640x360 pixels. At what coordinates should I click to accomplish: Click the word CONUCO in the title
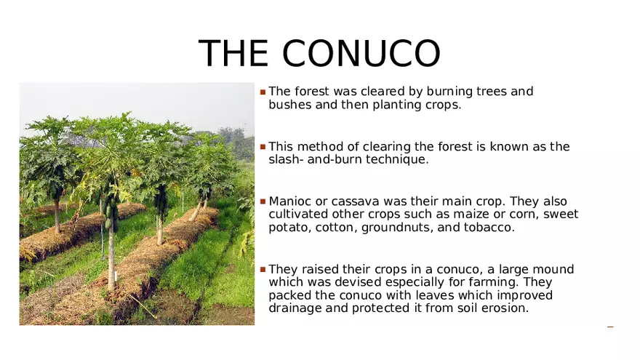click(x=361, y=53)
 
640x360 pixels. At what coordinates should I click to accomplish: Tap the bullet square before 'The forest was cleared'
click(x=263, y=92)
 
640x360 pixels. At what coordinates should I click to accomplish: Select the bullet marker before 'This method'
click(x=263, y=146)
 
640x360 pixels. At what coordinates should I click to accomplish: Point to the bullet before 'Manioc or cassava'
click(x=263, y=201)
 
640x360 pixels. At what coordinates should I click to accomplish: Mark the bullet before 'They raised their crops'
click(x=263, y=269)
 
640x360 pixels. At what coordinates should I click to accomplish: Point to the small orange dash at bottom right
click(x=610, y=327)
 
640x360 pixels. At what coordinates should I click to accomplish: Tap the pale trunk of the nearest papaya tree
click(x=111, y=257)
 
